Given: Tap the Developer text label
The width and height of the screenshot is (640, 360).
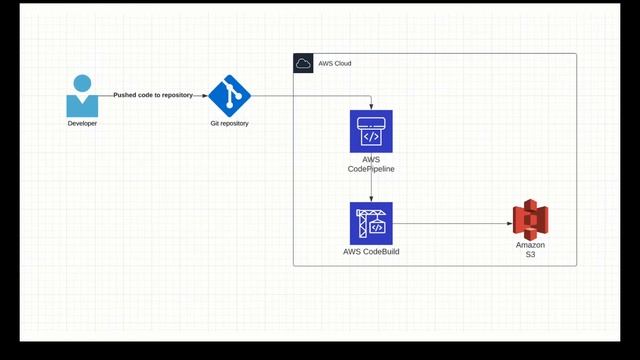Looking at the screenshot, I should [x=82, y=123].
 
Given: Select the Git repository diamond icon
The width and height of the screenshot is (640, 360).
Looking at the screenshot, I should [x=229, y=96].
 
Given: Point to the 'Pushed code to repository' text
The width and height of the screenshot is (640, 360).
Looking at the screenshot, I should [x=153, y=95].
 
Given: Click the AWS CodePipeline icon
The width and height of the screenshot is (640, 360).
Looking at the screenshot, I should [x=371, y=131].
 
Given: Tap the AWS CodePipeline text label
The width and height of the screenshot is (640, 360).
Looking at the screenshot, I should [x=371, y=165].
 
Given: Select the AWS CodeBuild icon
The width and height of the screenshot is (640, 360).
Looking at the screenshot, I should [x=371, y=223].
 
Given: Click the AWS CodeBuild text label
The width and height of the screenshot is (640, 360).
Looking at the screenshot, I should [x=371, y=251].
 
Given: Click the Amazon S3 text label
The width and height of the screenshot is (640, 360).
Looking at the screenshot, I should [x=530, y=250].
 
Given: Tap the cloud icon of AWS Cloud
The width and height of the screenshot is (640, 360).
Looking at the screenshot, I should [x=303, y=63].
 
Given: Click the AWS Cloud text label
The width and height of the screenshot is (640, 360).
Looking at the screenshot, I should [x=334, y=63].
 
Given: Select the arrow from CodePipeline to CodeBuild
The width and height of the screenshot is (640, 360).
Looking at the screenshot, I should [x=371, y=186].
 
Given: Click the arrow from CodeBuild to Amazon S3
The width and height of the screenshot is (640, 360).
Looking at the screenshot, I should [x=450, y=223].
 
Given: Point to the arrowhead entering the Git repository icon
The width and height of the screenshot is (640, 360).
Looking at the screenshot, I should [x=203, y=96].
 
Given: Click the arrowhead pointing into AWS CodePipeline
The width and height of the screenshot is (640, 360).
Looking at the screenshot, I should [x=371, y=106].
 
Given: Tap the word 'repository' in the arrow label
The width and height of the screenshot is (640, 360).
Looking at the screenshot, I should [x=176, y=95].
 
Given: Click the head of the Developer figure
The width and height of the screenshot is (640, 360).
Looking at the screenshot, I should [x=82, y=83].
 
